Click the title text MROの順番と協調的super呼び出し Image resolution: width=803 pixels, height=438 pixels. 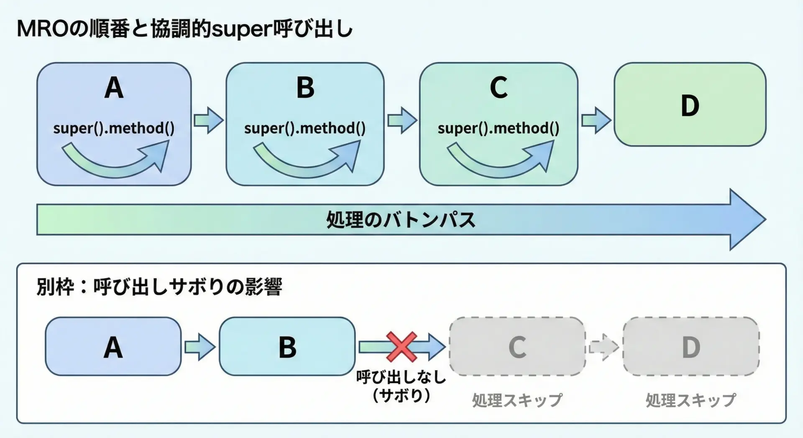[184, 29]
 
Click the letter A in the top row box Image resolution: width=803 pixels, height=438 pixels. [114, 88]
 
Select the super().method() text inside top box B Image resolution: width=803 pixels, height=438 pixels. [305, 128]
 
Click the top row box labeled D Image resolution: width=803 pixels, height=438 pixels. [690, 105]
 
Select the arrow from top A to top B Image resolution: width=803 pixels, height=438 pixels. [208, 120]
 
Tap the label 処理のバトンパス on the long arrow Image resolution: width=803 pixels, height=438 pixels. [401, 220]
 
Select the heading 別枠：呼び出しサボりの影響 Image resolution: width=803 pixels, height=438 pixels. [159, 287]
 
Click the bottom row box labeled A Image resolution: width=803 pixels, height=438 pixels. [113, 346]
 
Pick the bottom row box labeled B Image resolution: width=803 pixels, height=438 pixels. [287, 346]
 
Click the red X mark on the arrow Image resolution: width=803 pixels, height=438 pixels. [401, 346]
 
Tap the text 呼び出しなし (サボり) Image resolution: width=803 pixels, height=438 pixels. [401, 386]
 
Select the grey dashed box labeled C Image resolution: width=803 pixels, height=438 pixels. [517, 346]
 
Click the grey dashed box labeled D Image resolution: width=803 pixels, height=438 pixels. [691, 346]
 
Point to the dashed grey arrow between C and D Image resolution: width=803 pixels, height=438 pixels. [604, 347]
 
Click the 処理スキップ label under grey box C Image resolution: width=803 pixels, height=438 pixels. [517, 400]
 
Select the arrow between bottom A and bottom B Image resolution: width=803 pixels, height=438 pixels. [199, 347]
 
